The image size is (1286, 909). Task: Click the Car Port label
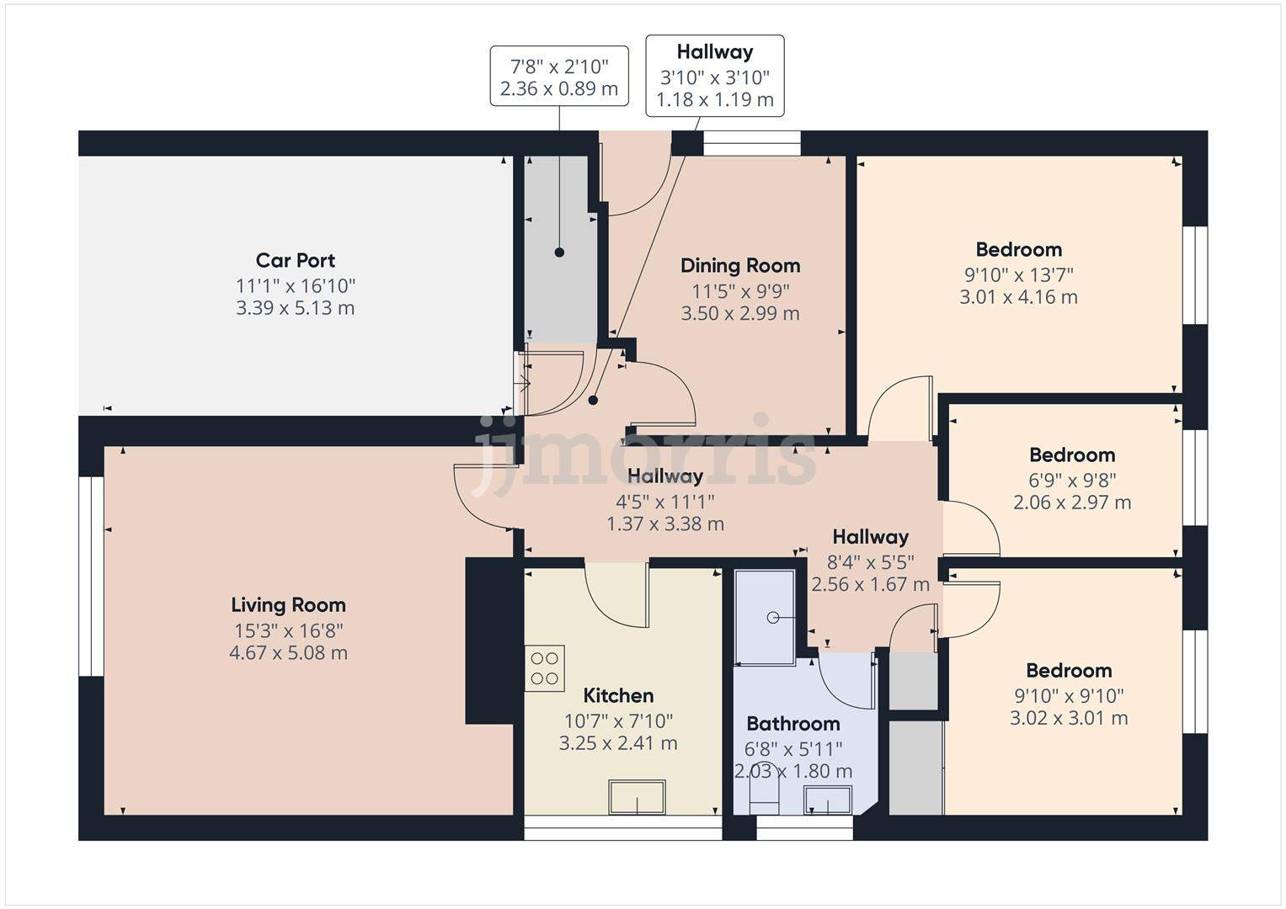(x=295, y=260)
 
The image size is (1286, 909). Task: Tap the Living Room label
(x=288, y=604)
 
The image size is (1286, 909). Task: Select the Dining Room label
(x=739, y=265)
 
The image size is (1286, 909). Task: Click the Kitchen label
(x=618, y=695)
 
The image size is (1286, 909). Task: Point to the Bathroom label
(x=792, y=723)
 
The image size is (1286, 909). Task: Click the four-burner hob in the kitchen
(x=544, y=668)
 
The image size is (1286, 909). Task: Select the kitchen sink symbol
(x=637, y=796)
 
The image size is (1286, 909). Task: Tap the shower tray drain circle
(x=773, y=618)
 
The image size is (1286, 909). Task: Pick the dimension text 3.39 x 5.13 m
(x=295, y=308)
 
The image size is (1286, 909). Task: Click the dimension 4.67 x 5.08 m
(x=288, y=652)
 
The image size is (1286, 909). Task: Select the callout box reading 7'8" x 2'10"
(x=559, y=77)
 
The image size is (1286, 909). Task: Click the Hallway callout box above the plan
(x=714, y=76)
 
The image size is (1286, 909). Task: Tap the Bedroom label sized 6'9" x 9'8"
(x=1071, y=454)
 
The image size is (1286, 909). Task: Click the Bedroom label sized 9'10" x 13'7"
(x=1018, y=249)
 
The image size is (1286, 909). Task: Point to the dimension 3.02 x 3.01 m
(x=1069, y=718)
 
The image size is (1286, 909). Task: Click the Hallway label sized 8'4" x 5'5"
(x=870, y=537)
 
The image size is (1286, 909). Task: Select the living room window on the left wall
(x=91, y=577)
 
